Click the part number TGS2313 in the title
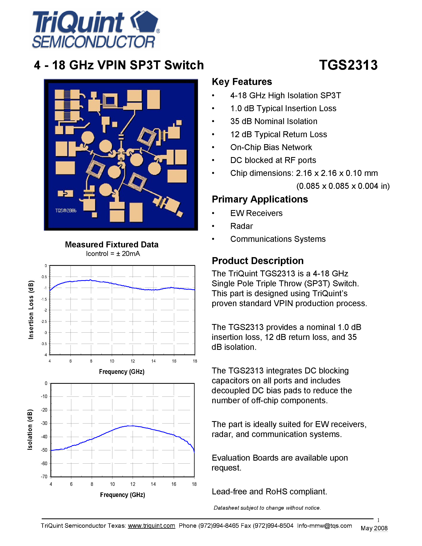(x=348, y=65)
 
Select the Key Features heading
(x=242, y=82)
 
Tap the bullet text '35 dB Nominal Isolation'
(x=273, y=121)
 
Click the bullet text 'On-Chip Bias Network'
(x=271, y=147)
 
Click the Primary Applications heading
(x=260, y=199)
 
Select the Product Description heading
(x=258, y=261)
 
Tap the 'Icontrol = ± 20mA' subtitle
(x=113, y=254)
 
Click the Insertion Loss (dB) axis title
(x=31, y=310)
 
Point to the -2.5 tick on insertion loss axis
(x=44, y=321)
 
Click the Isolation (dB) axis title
(x=30, y=429)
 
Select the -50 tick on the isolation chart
(x=44, y=450)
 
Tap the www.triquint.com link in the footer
(x=152, y=526)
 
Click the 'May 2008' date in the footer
(x=374, y=528)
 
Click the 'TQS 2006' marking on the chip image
(x=66, y=211)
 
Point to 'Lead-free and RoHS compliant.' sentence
(x=269, y=492)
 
